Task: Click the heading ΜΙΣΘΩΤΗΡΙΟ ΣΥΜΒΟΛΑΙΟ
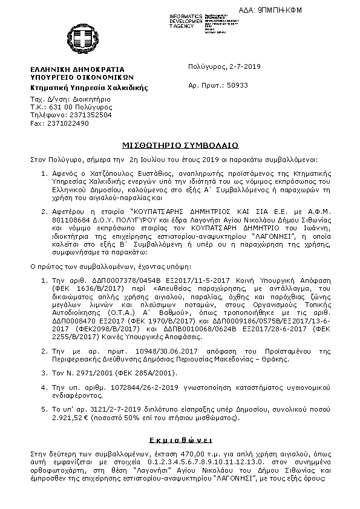click(x=180, y=146)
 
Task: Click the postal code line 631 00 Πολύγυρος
click(x=72, y=105)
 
